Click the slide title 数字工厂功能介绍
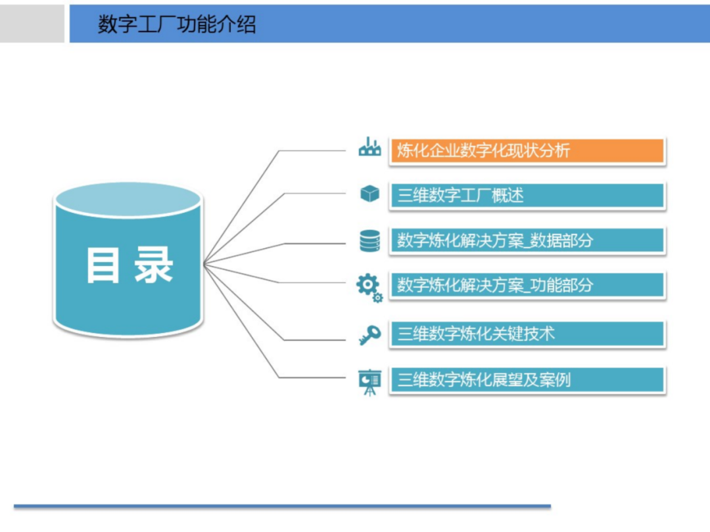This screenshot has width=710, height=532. click(177, 24)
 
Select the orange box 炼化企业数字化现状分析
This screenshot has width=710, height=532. click(527, 150)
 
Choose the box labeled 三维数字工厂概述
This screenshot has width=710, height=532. click(527, 195)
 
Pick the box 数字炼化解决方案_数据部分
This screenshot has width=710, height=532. click(527, 240)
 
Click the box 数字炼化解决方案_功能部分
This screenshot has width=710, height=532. click(527, 285)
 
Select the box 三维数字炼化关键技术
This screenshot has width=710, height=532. click(527, 334)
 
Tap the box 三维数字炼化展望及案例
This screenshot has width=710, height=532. click(527, 380)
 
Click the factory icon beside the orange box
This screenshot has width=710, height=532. click(369, 148)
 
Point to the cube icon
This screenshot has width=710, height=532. click(369, 194)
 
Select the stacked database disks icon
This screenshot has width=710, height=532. click(369, 240)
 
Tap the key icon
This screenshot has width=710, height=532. click(369, 336)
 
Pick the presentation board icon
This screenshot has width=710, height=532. click(369, 382)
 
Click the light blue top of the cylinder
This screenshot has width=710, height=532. click(128, 200)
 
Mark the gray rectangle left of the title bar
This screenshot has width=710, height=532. click(32, 24)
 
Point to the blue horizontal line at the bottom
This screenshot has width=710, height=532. click(283, 506)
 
